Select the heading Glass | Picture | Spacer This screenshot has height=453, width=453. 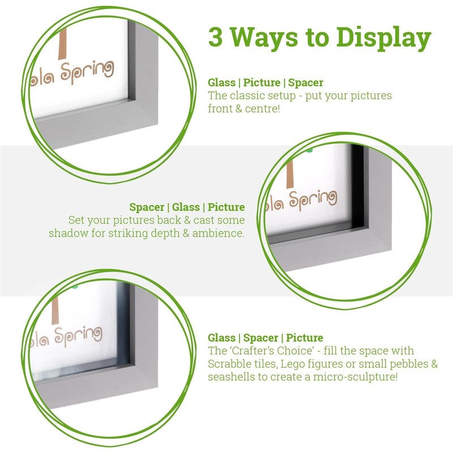click(x=266, y=83)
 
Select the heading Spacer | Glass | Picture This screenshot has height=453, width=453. click(x=187, y=207)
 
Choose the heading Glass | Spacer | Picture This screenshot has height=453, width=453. click(x=266, y=338)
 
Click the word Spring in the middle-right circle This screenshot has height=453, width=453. click(x=313, y=199)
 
